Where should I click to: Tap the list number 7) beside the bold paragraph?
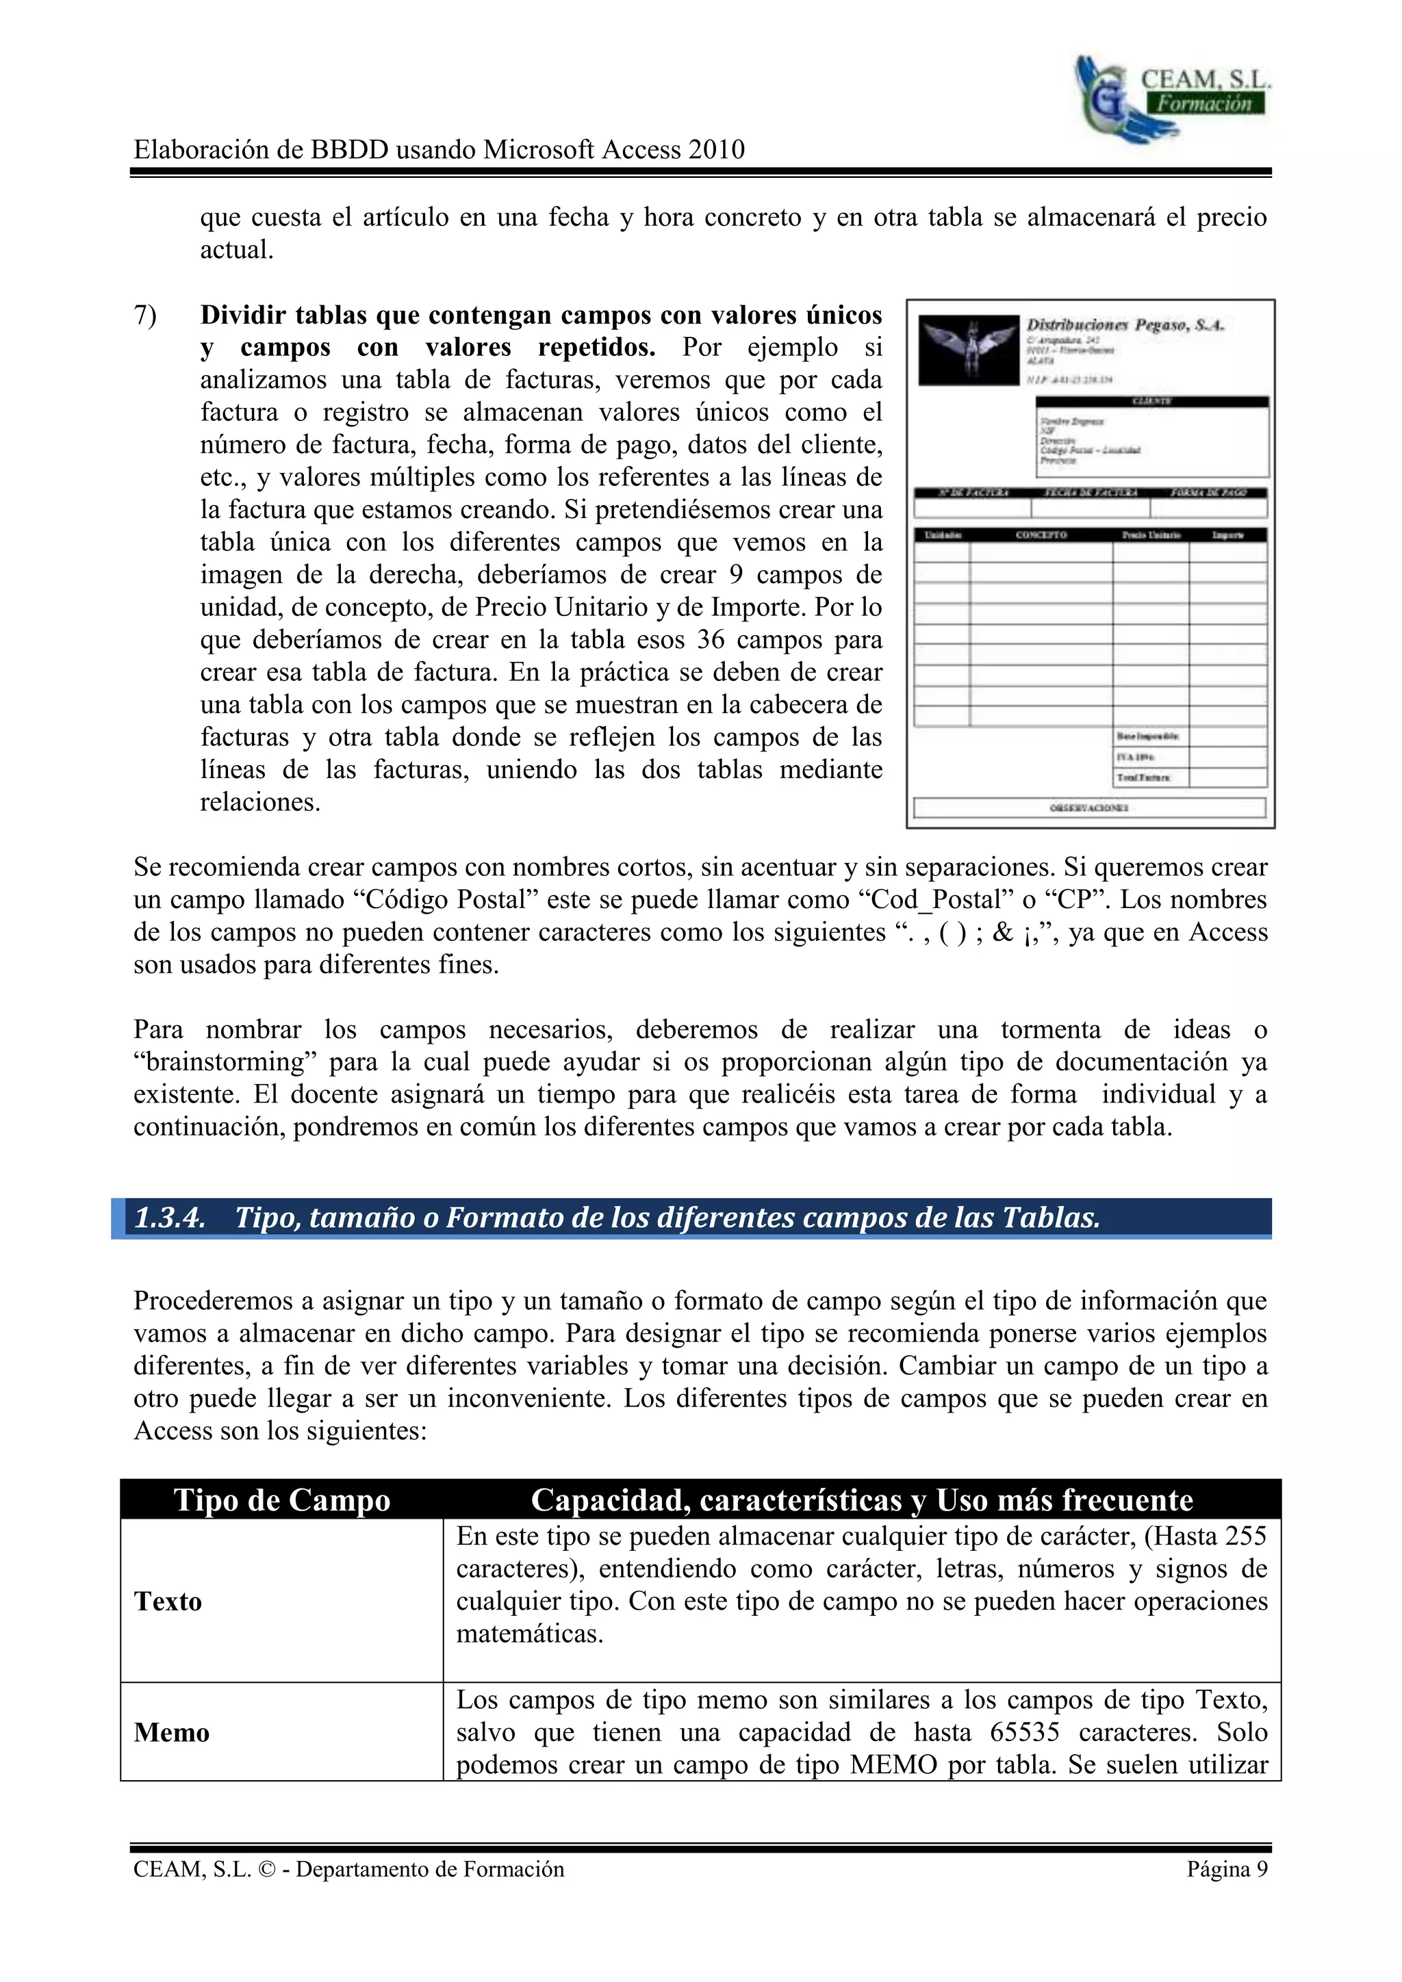click(145, 316)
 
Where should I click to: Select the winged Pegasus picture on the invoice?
click(968, 350)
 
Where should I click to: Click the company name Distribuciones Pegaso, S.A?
click(1124, 326)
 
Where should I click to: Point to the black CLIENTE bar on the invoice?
click(1151, 402)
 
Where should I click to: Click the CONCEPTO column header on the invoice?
click(1041, 535)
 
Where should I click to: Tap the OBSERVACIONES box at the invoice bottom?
click(1088, 807)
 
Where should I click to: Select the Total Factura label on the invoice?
click(1143, 777)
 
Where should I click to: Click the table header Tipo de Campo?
click(282, 1500)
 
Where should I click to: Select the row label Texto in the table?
click(168, 1601)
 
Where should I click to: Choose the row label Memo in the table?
click(172, 1732)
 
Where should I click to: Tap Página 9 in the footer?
click(1226, 1869)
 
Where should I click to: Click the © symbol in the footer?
click(268, 1870)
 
